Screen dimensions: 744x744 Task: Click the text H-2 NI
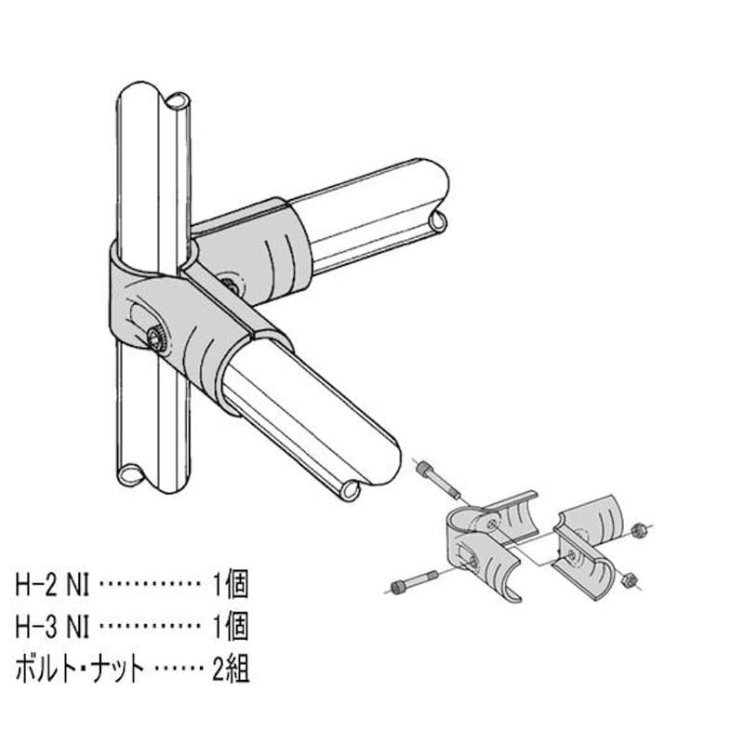(x=53, y=587)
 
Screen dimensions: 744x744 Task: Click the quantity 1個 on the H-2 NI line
(x=231, y=587)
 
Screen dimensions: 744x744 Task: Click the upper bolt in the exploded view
(x=437, y=475)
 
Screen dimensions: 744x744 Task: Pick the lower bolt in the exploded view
(x=413, y=582)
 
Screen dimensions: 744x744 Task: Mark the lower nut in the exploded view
(x=628, y=576)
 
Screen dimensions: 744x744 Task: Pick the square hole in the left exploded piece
(x=475, y=559)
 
